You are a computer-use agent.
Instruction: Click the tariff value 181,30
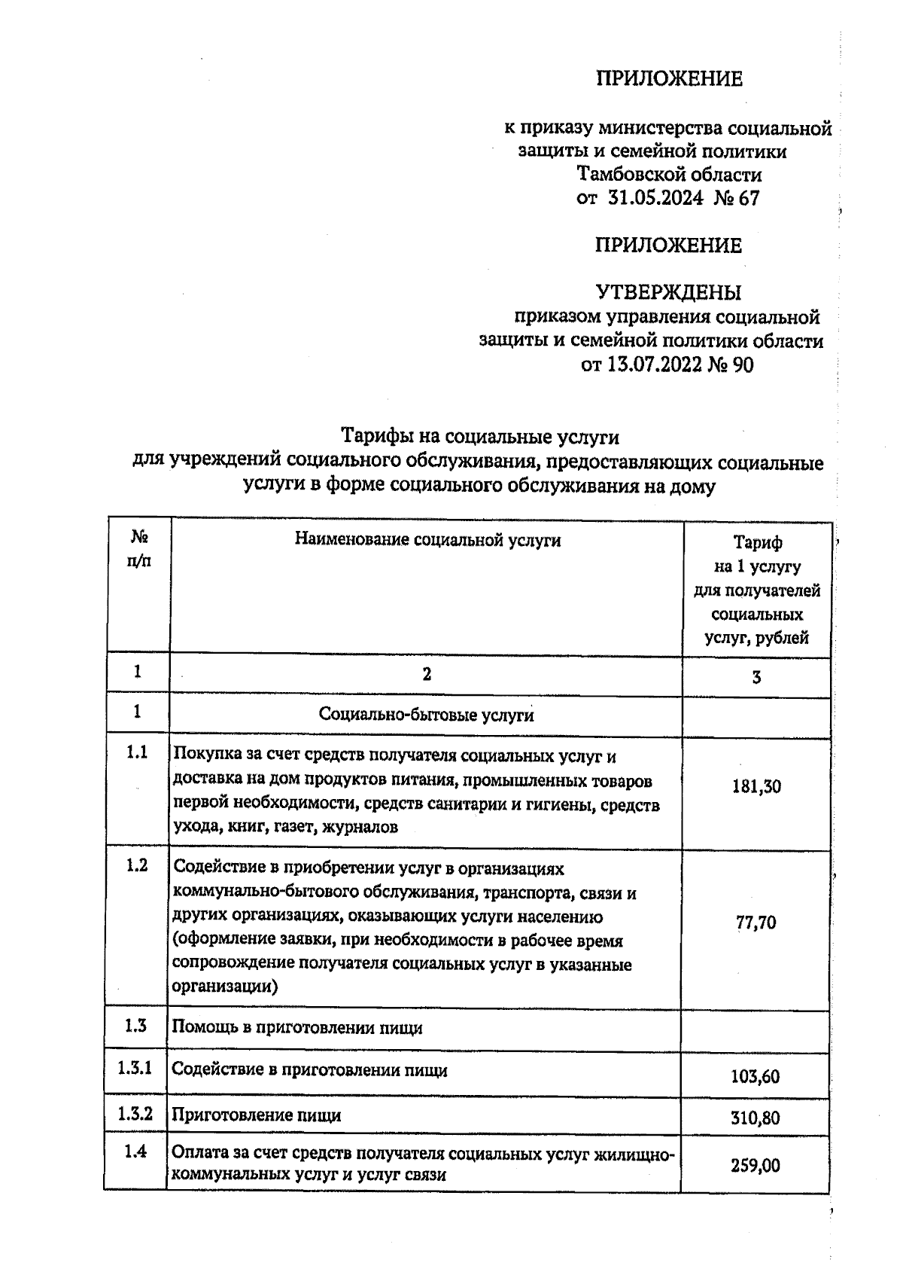pos(756,787)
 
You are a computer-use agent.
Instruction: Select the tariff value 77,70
pos(756,923)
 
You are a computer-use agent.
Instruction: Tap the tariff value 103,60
pos(755,1077)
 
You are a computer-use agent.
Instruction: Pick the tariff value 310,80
pos(755,1118)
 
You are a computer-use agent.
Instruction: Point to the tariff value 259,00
pos(755,1166)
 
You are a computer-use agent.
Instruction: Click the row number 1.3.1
pos(135,1067)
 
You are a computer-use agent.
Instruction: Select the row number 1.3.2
pos(135,1114)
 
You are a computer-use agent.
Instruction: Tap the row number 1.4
pos(135,1151)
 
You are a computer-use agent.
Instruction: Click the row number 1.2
pos(136,865)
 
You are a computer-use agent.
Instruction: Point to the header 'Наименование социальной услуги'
pos(427,540)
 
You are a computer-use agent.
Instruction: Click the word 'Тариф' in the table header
pos(757,542)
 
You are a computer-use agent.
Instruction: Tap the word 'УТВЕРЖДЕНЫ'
pos(668,291)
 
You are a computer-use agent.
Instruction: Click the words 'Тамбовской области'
pos(669,175)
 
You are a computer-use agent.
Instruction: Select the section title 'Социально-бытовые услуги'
pos(426,715)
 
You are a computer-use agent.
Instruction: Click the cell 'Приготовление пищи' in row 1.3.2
pos(257,1115)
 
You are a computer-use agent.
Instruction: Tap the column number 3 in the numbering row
pos(756,677)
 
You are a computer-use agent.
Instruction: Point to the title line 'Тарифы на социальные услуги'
pos(480,438)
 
